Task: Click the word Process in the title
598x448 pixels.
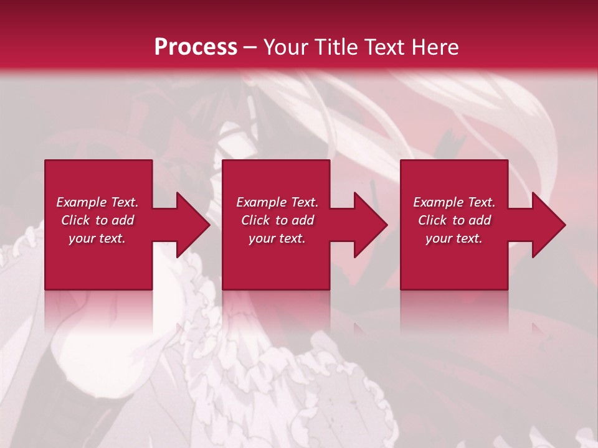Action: point(196,47)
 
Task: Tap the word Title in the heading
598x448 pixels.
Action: point(335,47)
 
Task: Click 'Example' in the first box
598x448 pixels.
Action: point(81,202)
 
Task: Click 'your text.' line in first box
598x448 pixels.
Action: point(97,238)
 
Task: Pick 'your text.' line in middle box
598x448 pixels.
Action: point(277,238)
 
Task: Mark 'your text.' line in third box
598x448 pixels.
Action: point(454,238)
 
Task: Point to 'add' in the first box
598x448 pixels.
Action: point(123,220)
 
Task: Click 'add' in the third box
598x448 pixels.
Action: point(480,220)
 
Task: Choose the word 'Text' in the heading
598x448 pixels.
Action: point(384,47)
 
